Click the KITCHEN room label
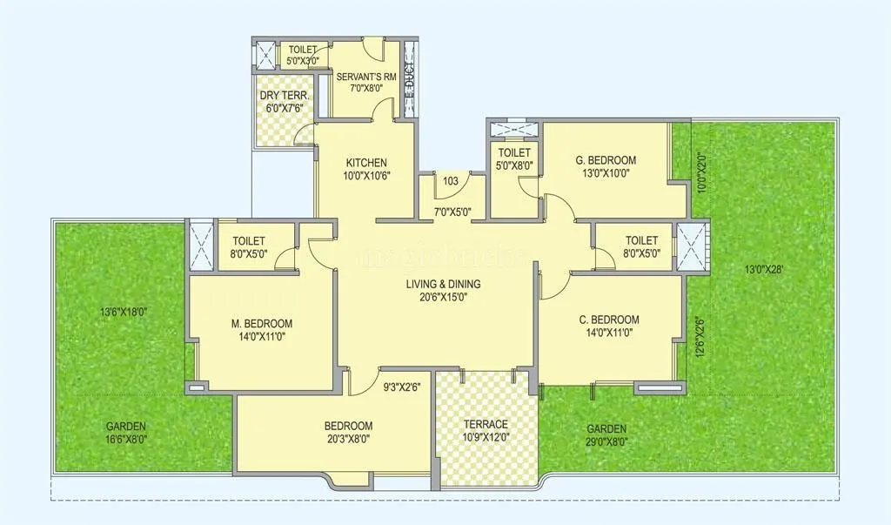pyautogui.click(x=366, y=163)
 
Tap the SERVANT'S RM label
pyautogui.click(x=366, y=77)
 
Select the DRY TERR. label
pyautogui.click(x=281, y=97)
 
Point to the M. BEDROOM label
pyautogui.click(x=261, y=323)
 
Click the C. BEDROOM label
pyautogui.click(x=609, y=320)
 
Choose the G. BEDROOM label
pyautogui.click(x=606, y=160)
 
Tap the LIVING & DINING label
pyautogui.click(x=444, y=284)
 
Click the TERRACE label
pyautogui.click(x=486, y=424)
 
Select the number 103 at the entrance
pyautogui.click(x=451, y=181)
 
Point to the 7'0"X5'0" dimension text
pyautogui.click(x=452, y=211)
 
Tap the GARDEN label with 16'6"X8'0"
pyautogui.click(x=126, y=427)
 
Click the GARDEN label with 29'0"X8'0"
pyautogui.click(x=606, y=429)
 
